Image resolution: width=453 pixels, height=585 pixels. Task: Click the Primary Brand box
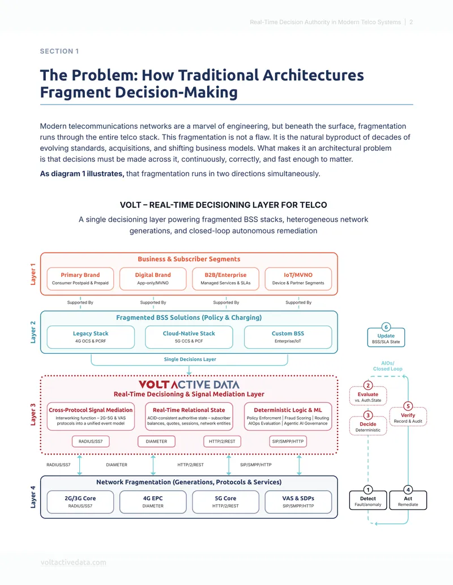coord(80,279)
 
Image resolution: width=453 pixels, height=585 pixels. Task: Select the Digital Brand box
coord(153,279)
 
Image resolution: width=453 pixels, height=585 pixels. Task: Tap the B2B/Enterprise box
coord(225,279)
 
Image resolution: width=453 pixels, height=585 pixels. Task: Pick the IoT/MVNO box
coord(298,279)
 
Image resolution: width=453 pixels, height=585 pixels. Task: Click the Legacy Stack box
coord(91,337)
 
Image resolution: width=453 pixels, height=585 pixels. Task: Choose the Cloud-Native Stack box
coord(189,337)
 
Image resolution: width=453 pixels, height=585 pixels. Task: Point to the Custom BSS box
coord(288,337)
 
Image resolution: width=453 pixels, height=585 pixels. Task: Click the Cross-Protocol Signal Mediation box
coord(91,417)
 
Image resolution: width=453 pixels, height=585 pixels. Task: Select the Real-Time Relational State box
coord(189,417)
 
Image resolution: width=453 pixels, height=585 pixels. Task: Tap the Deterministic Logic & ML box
coord(288,417)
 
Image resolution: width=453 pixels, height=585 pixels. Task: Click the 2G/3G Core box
coord(80,502)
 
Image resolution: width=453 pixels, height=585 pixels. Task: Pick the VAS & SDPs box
coord(298,502)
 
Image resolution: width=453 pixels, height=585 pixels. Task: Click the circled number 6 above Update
coord(386,327)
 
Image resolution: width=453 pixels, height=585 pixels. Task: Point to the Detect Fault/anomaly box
coord(368,500)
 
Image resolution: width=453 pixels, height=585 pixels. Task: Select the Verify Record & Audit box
coord(408,417)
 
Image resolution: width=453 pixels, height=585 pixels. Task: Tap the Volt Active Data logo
coord(189,385)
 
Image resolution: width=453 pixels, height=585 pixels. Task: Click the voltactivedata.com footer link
coord(73,562)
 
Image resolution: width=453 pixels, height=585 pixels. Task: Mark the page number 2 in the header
coord(411,22)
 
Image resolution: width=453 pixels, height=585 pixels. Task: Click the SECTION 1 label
coord(59,51)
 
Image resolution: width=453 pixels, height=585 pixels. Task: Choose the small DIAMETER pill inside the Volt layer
coord(156,441)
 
